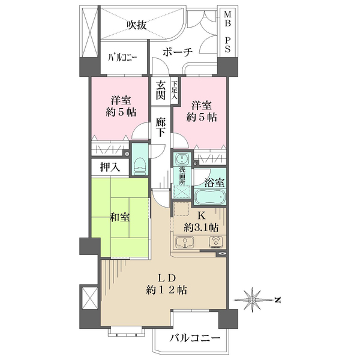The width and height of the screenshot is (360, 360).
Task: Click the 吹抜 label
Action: (x=137, y=25)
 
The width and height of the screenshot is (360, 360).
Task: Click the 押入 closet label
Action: (x=110, y=167)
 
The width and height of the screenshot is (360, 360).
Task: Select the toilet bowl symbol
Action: (x=140, y=164)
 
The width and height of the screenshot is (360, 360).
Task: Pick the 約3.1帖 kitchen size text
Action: (x=201, y=228)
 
